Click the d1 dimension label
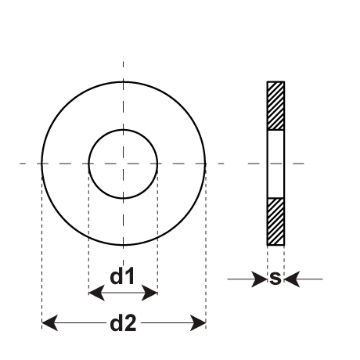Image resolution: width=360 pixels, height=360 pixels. tap(122, 276)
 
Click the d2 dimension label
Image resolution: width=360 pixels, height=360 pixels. tap(123, 323)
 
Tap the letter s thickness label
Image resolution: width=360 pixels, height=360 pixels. tap(275, 278)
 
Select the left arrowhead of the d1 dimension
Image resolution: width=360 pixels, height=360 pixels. tap(96, 293)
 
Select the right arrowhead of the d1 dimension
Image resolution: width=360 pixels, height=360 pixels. tap(149, 293)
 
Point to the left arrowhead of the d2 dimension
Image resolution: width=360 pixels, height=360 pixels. tap(50, 323)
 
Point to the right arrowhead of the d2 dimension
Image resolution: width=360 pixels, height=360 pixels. tap(198, 323)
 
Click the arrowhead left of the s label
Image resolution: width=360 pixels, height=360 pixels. tap(259, 279)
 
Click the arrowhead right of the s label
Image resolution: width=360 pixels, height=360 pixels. tap(292, 279)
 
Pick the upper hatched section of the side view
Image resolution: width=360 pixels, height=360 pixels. tap(275, 106)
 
